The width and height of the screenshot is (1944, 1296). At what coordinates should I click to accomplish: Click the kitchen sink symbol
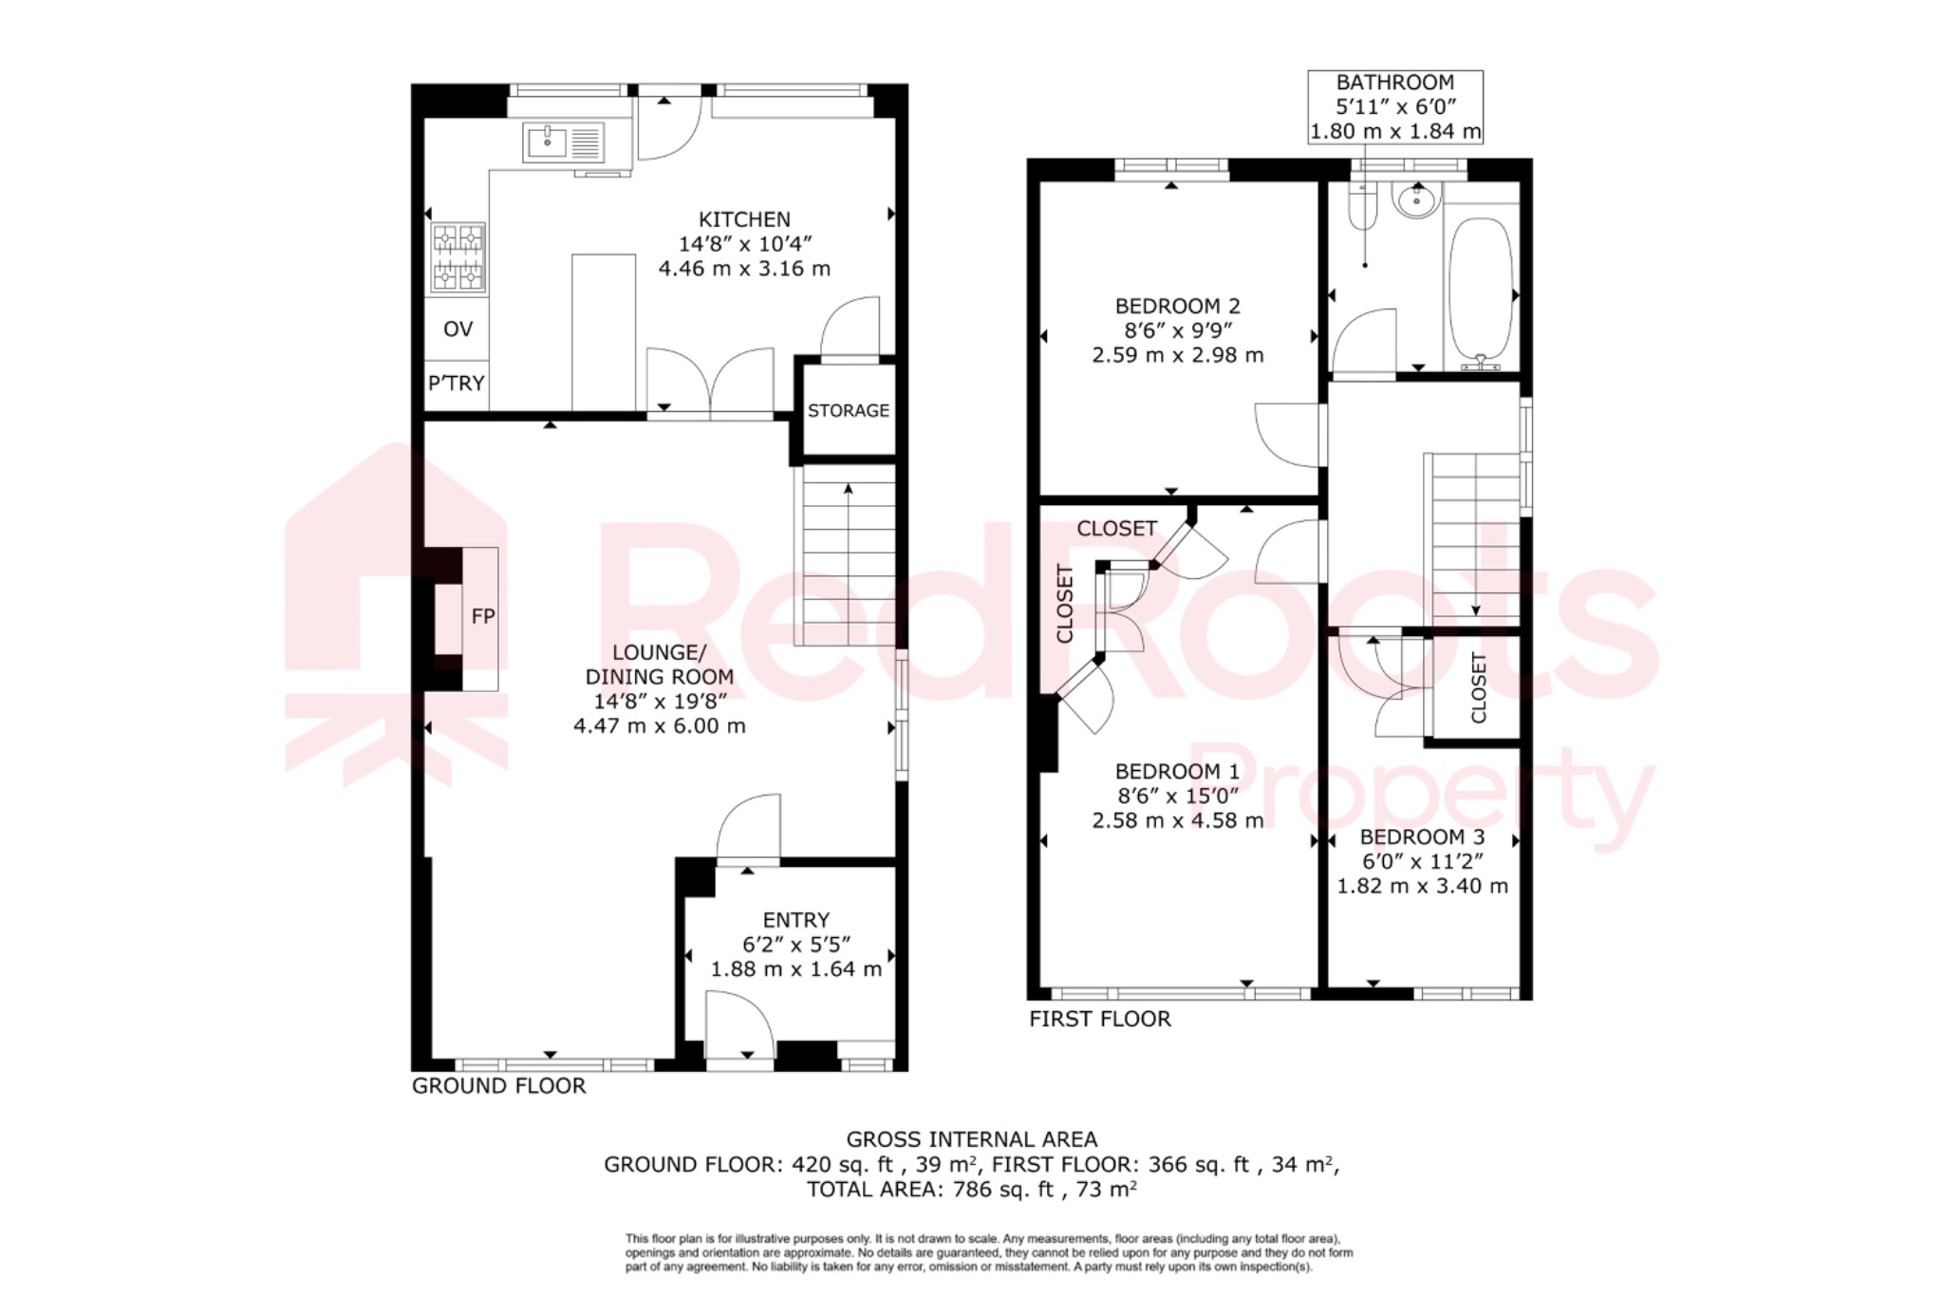tap(563, 143)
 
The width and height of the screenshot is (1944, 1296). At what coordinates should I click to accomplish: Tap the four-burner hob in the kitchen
tap(458, 256)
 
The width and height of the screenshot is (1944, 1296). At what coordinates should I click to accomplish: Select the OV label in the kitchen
tap(458, 329)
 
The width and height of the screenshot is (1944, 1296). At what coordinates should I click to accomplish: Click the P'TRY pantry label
tap(457, 384)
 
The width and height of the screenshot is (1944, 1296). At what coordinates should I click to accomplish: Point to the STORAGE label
tap(849, 411)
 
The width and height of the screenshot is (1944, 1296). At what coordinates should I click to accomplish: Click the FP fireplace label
tap(483, 617)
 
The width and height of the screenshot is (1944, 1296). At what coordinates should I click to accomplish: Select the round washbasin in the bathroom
tap(1416, 199)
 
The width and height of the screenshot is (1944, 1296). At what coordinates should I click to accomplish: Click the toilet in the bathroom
tap(1363, 209)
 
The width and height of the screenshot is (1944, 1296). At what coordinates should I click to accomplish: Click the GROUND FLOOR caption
tap(498, 1086)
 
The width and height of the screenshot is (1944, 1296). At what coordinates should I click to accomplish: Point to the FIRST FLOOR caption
tap(1100, 1020)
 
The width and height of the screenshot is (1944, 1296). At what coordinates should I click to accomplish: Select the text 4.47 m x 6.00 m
tap(660, 726)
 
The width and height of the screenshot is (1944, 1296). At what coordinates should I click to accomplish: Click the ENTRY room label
tap(796, 920)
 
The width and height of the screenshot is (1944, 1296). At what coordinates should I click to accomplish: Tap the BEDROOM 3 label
tap(1422, 837)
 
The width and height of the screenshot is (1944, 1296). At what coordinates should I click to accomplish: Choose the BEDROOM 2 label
tap(1177, 307)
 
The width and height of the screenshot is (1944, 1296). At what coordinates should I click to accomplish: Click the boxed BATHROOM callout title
tap(1394, 84)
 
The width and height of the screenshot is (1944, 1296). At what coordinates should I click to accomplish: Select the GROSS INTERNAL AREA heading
tap(971, 1139)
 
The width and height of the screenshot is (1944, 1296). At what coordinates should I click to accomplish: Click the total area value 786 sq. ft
tap(1002, 1190)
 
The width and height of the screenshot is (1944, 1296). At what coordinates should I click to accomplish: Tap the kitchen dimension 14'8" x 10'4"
tap(745, 244)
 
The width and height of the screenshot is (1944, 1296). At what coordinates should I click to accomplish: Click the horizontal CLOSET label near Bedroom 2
tap(1116, 529)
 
